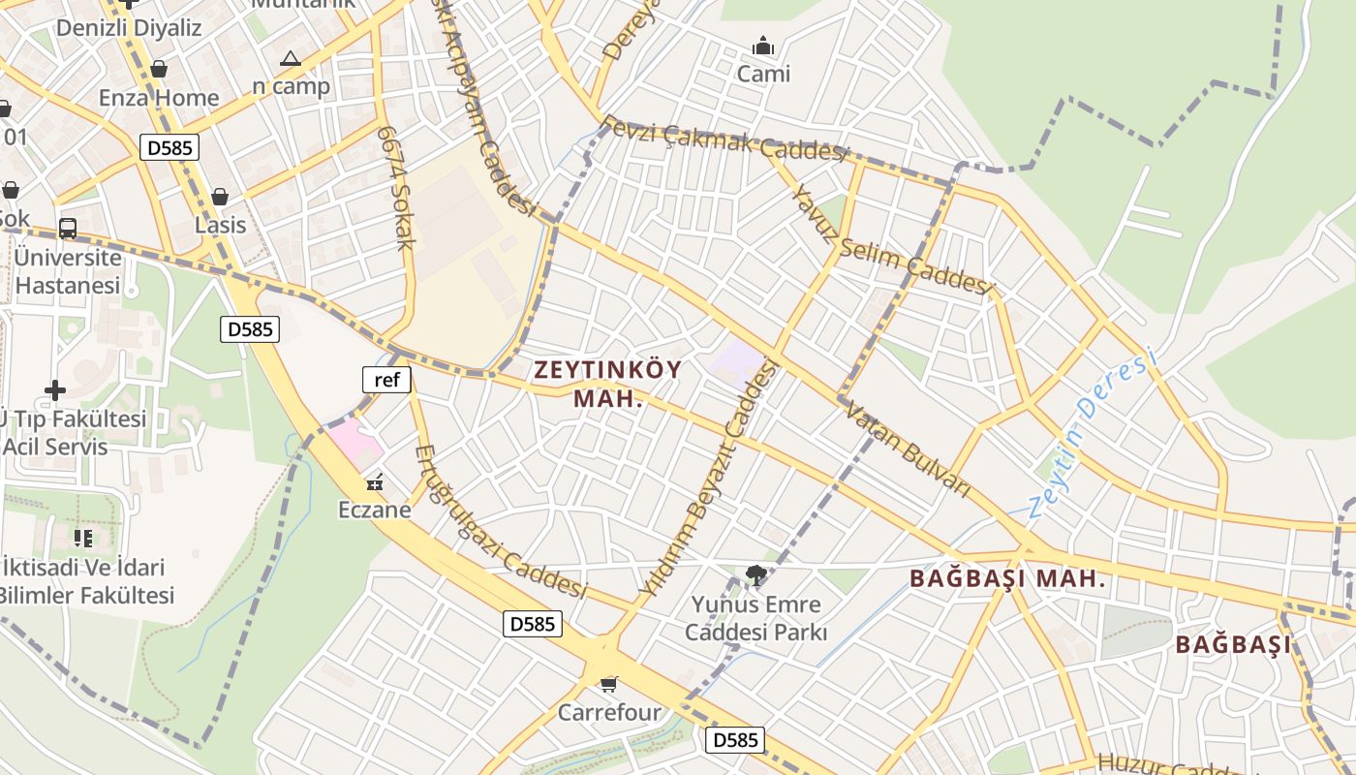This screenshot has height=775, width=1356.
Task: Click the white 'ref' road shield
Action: coord(386,380)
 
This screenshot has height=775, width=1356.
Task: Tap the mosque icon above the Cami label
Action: coord(763,46)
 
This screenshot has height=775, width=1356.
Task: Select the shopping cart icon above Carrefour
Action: coord(608,685)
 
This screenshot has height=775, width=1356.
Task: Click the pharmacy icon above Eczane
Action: coord(375,481)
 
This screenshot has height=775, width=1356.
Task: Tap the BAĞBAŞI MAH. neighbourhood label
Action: coord(1007,579)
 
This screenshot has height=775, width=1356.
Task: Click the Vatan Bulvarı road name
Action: coord(908,450)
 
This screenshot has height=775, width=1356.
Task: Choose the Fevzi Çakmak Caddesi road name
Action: coord(724,139)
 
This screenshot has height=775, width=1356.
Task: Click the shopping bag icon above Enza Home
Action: coord(158,69)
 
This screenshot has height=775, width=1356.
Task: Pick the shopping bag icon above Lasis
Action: coord(220,197)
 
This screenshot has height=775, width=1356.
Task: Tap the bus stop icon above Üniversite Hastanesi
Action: coord(68,229)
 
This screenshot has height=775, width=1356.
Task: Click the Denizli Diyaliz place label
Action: coord(129,27)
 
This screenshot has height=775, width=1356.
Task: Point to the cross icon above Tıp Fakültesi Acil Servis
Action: coord(55,390)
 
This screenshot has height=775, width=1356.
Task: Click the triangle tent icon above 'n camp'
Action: coord(291,59)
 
